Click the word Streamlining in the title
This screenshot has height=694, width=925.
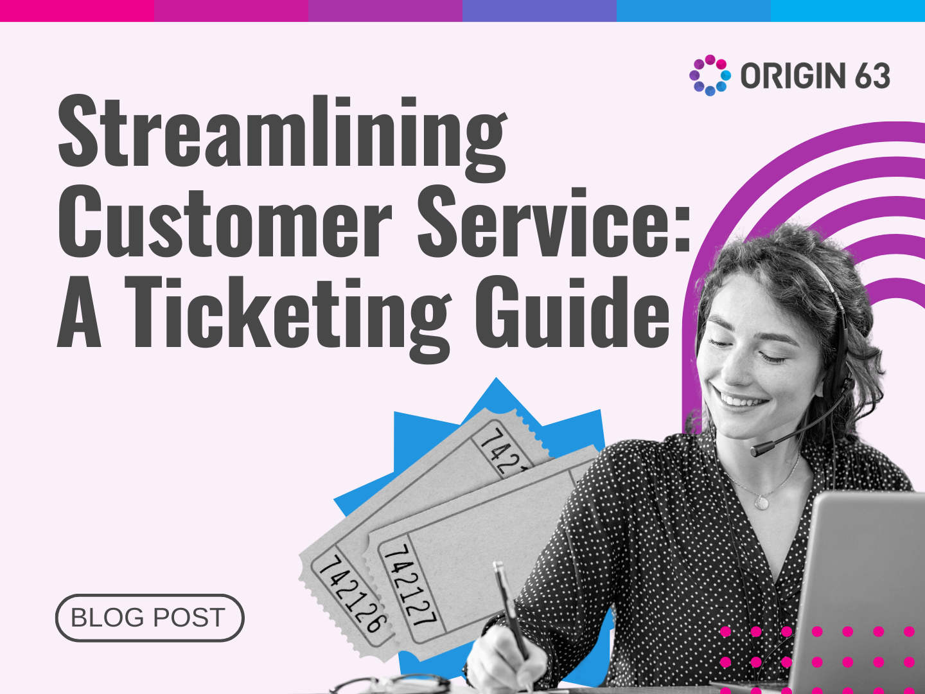pyautogui.click(x=283, y=132)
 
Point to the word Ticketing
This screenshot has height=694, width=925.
pyautogui.click(x=289, y=315)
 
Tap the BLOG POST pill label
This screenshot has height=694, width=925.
pyautogui.click(x=149, y=618)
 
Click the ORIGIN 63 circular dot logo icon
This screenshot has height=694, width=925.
pyautogui.click(x=710, y=75)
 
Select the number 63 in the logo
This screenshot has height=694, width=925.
pyautogui.click(x=872, y=76)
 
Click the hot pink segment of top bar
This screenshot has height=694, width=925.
pyautogui.click(x=77, y=10)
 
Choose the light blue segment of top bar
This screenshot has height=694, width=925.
pyautogui.click(x=848, y=10)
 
